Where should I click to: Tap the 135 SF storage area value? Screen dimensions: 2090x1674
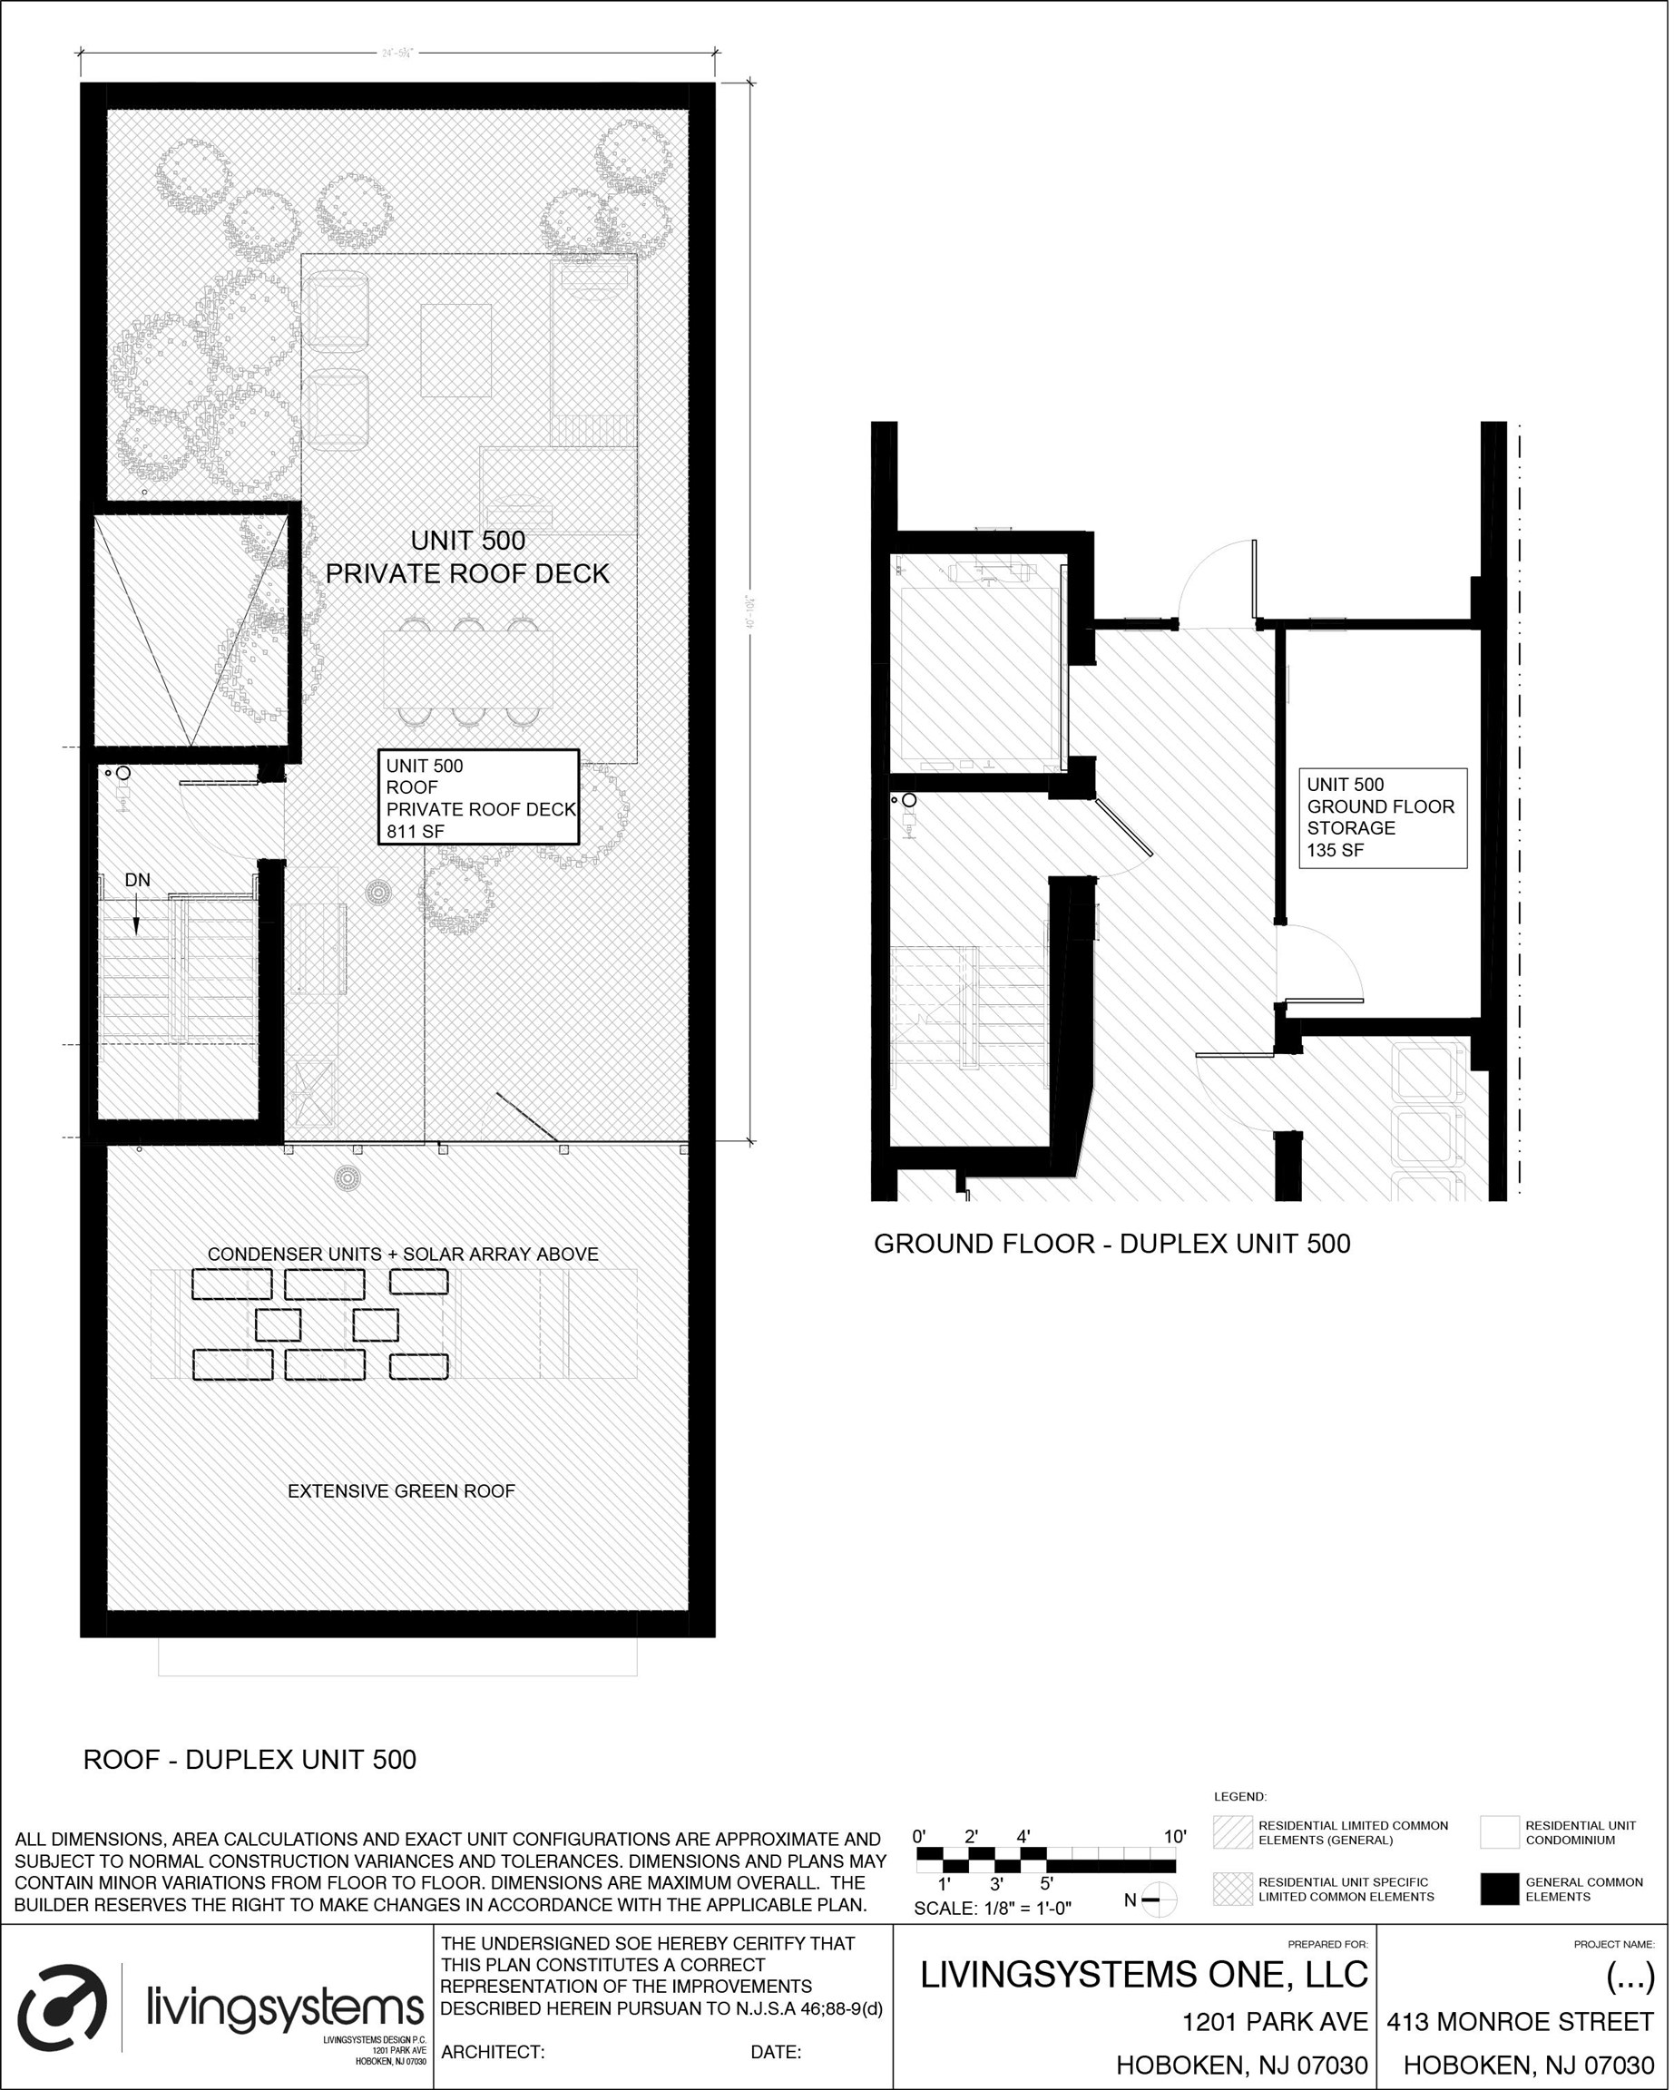click(x=1335, y=850)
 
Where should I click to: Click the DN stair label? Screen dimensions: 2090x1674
click(x=138, y=880)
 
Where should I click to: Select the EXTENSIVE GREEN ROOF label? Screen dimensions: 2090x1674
click(x=400, y=1491)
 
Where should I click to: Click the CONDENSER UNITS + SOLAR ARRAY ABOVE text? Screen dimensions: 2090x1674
click(x=403, y=1254)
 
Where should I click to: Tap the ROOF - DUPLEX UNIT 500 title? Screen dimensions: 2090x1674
click(x=250, y=1760)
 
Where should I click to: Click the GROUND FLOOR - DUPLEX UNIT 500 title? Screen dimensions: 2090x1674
click(x=1111, y=1244)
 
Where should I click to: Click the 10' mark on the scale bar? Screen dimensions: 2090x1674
click(x=1174, y=1836)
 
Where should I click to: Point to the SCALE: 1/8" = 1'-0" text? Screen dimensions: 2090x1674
click(x=993, y=1909)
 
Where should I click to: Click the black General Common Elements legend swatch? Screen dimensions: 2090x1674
click(x=1499, y=1889)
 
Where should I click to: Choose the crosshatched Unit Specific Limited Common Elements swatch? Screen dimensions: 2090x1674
click(x=1232, y=1889)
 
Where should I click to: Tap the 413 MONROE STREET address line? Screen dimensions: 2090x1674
click(x=1519, y=2021)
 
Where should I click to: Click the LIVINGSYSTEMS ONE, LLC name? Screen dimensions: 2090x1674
click(x=1143, y=1975)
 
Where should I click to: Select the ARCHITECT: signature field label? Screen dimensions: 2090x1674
click(x=493, y=2052)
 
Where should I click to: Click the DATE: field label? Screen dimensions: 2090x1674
click(x=775, y=2052)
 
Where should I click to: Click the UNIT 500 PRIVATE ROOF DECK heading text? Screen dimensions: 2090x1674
click(x=467, y=557)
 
